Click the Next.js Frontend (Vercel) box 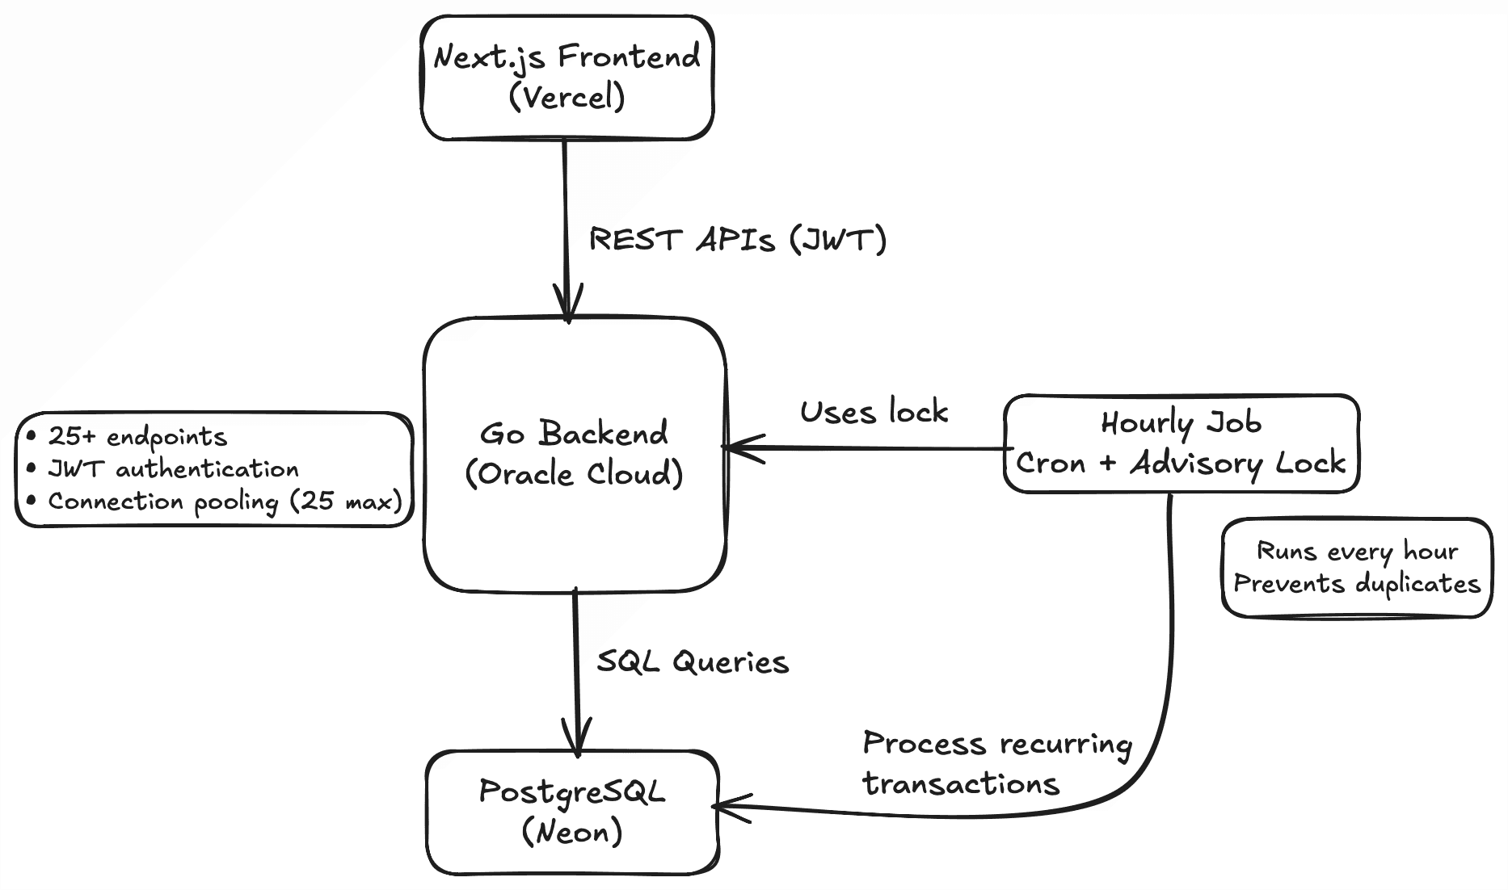(567, 78)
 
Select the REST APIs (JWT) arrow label (737, 240)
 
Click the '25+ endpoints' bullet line (137, 437)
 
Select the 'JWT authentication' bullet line (173, 469)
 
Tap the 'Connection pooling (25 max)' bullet (225, 502)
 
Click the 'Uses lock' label (874, 413)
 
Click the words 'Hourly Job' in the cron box (1180, 423)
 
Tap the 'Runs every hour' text (1357, 552)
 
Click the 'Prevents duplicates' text (1357, 584)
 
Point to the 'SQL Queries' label (693, 662)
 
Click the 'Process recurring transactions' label (996, 763)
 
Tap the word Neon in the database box (572, 832)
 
